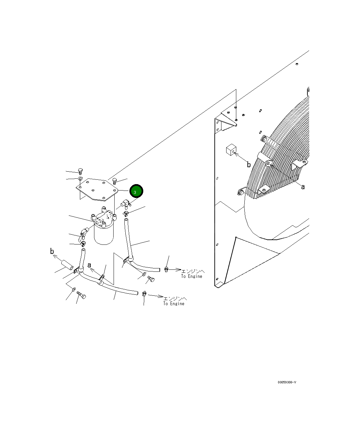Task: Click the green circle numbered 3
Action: point(136,191)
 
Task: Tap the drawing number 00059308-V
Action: point(287,382)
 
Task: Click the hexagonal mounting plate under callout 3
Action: point(97,190)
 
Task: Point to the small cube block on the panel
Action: point(231,150)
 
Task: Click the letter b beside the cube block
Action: point(249,165)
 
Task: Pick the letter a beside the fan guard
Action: point(303,187)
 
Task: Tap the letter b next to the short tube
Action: point(52,251)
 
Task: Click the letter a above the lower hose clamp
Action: point(89,265)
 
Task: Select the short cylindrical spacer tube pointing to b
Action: point(67,265)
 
